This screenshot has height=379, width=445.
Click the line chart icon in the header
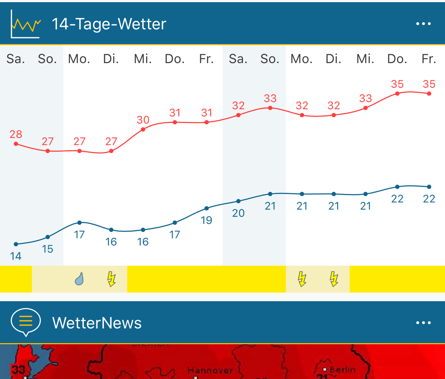tap(25, 24)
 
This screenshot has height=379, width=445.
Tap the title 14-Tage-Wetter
tap(109, 24)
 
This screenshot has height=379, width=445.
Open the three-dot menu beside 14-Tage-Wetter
tap(423, 24)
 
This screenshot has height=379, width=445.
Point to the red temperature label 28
tap(16, 134)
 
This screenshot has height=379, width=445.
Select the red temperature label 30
tap(143, 120)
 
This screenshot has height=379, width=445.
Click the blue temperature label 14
tap(16, 256)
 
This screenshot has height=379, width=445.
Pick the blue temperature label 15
tap(48, 249)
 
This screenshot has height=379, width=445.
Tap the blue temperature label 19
tap(206, 220)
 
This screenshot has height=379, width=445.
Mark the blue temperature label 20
tap(238, 213)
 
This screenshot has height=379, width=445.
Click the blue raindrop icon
tap(79, 279)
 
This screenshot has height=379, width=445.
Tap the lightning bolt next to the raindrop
tap(111, 279)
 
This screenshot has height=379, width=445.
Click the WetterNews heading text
tap(97, 323)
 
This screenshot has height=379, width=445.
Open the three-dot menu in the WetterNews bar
tap(423, 323)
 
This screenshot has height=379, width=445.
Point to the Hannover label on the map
tap(210, 370)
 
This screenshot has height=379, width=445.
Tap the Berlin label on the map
tap(342, 370)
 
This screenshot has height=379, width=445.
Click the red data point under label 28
tap(16, 144)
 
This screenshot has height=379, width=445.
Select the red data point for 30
tap(143, 129)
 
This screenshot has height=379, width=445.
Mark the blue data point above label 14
tap(16, 244)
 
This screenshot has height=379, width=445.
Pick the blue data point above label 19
tap(206, 208)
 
